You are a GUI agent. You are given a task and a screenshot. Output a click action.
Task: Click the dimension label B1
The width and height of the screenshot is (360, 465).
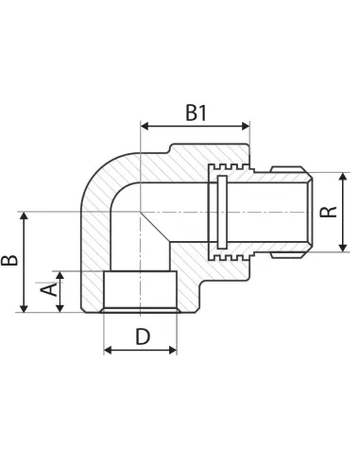[196, 112]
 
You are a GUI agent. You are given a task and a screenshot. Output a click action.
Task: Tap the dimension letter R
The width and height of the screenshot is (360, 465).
[328, 212]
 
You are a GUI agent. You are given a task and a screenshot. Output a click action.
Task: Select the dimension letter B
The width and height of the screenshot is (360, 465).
[9, 260]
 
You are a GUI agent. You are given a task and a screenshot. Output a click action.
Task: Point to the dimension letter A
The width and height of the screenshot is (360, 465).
[49, 289]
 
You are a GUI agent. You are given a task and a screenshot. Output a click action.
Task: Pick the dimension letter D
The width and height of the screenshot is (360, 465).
[143, 336]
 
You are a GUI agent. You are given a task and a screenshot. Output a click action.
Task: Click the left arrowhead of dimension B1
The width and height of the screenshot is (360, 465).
[145, 127]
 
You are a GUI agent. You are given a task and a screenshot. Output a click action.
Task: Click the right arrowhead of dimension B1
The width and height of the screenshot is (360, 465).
[246, 127]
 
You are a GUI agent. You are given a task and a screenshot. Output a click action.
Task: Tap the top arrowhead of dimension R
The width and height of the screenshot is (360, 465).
[343, 177]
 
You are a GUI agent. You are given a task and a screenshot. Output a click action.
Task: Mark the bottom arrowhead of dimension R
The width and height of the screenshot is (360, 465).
[343, 248]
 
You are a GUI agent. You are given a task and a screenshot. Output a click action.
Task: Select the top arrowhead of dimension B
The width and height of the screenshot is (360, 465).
[24, 215]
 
